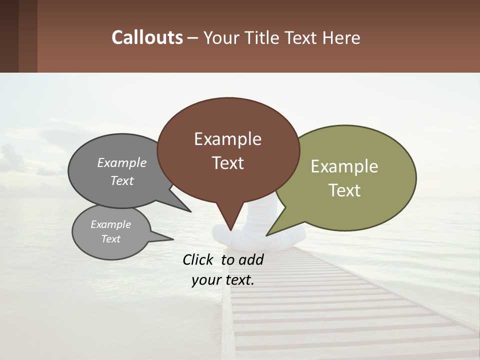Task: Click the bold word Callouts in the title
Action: coord(147,37)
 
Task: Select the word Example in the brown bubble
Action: coord(227,139)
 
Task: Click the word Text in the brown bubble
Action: coord(227,163)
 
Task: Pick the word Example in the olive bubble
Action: coord(344,166)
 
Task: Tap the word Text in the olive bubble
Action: coord(344,190)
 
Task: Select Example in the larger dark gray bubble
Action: coord(121,162)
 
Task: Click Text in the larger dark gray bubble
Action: coord(121,180)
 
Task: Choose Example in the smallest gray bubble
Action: coord(110,224)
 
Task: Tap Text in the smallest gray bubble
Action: coord(110,239)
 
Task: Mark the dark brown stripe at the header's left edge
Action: coord(9,36)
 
